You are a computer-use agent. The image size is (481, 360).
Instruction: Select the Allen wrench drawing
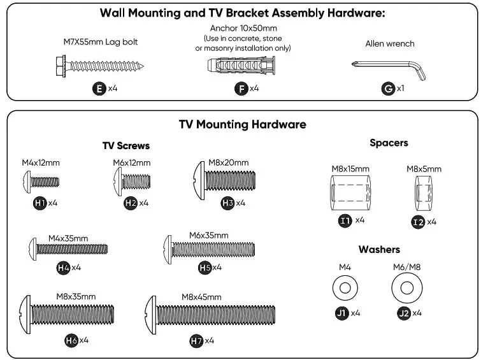[389, 67]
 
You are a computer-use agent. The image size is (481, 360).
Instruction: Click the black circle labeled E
[99, 89]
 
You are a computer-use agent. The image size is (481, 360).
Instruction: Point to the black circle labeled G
[388, 89]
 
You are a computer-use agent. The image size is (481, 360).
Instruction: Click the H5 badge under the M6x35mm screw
[205, 268]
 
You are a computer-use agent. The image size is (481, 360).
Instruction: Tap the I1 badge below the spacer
[345, 220]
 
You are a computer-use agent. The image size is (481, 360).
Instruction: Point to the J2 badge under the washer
[403, 313]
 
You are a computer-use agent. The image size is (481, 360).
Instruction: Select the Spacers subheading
[388, 143]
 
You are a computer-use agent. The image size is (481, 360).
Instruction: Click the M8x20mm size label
[228, 162]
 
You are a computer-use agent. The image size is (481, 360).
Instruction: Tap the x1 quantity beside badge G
[401, 89]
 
